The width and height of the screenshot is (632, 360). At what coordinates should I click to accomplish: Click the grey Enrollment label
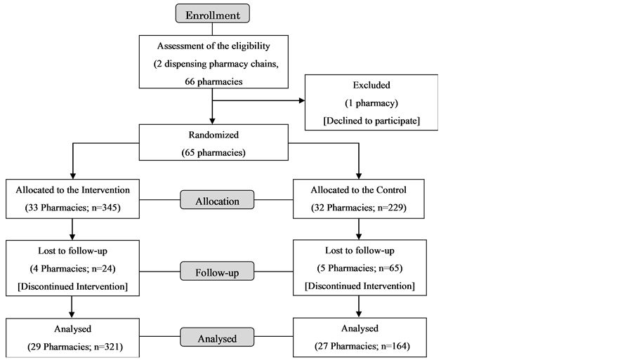pos(212,15)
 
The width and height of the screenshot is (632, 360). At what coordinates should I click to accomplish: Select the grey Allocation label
pos(217,201)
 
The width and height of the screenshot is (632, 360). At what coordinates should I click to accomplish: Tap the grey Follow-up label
pos(217,271)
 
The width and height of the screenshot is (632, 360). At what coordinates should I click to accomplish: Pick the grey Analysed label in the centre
pos(217,338)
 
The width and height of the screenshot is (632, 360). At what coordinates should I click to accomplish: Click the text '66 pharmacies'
pos(213,81)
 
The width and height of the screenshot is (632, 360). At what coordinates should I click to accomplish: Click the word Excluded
pos(371,85)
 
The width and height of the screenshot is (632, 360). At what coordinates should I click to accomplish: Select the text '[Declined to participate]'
pos(371,121)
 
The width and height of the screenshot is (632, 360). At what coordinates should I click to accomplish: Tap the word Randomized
pos(213,133)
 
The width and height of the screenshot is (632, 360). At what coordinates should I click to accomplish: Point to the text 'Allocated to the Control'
pos(360,189)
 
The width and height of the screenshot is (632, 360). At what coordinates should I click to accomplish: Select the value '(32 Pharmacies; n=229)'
pos(360,208)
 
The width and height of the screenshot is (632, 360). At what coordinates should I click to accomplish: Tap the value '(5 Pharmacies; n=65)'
pos(360,268)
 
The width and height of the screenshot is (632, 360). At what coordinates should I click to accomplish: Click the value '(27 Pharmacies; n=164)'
pos(360,346)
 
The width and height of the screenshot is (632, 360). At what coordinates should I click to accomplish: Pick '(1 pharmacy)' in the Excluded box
pos(371,102)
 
